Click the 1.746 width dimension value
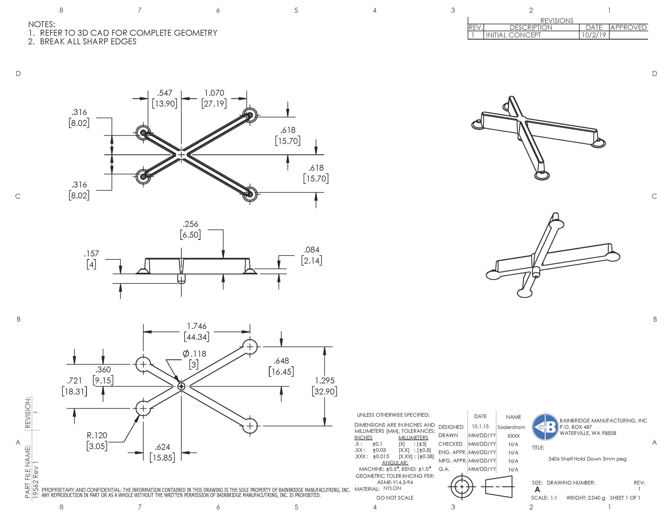pyautogui.click(x=197, y=326)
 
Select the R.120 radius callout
pyautogui.click(x=97, y=435)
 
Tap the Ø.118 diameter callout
pyautogui.click(x=195, y=354)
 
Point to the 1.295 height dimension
pyautogui.click(x=324, y=380)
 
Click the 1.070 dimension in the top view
pyautogui.click(x=214, y=93)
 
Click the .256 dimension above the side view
pyautogui.click(x=191, y=224)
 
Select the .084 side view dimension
pyautogui.click(x=311, y=250)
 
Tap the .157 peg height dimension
pyautogui.click(x=91, y=254)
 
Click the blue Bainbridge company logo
pyautogui.click(x=545, y=427)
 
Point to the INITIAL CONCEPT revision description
pyautogui.click(x=513, y=35)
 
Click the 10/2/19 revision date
pyautogui.click(x=594, y=35)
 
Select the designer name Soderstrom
pyautogui.click(x=511, y=427)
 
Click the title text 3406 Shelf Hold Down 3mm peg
pyautogui.click(x=587, y=459)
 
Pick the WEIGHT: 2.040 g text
pyautogui.click(x=586, y=497)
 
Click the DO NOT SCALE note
pyautogui.click(x=395, y=497)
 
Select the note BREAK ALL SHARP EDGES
pyautogui.click(x=88, y=41)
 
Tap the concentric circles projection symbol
pyautogui.click(x=461, y=487)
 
